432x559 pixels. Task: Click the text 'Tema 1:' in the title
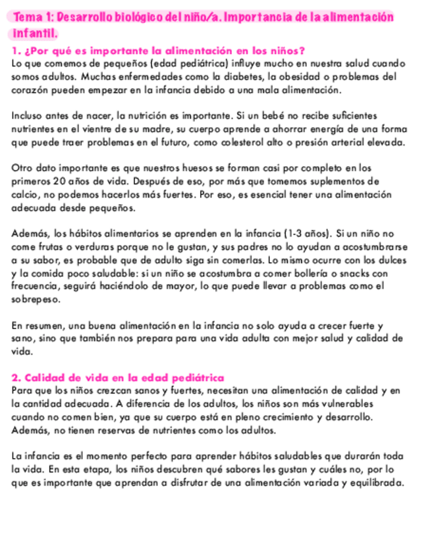(x=30, y=16)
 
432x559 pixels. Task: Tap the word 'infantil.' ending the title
(x=34, y=32)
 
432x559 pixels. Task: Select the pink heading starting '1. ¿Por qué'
(x=157, y=51)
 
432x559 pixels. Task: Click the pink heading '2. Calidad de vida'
(x=118, y=378)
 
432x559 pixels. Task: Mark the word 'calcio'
(x=24, y=194)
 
